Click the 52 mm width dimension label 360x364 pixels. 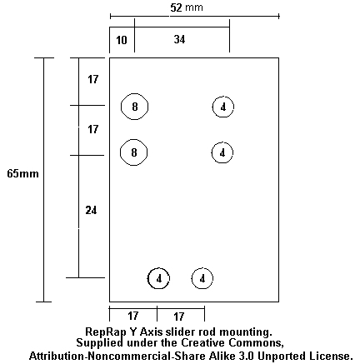187,7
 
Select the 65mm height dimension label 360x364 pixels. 22,174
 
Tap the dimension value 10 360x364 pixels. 122,40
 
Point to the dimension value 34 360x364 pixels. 179,39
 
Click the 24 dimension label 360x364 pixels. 91,211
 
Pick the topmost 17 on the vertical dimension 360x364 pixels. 93,79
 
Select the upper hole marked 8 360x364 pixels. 134,107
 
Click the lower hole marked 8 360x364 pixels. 133,152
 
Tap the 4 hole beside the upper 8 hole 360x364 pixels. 223,107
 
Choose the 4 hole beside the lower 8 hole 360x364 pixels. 222,152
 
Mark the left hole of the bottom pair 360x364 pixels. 158,278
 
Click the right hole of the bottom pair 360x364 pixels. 202,278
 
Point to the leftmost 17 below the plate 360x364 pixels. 133,316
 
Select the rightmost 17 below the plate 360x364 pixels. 179,317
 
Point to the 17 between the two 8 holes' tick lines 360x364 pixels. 93,129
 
